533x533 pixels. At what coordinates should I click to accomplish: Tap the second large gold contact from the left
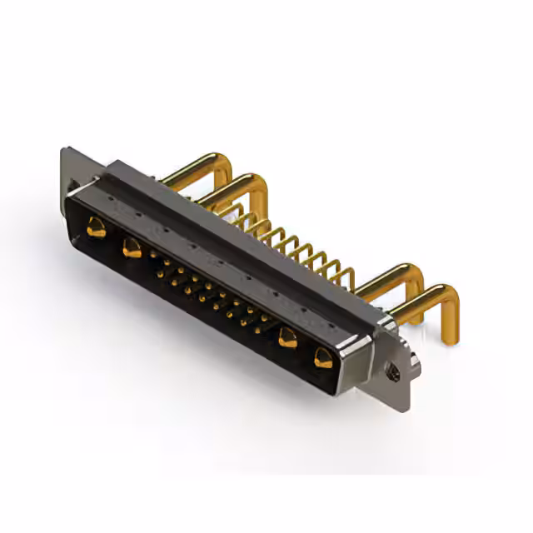click(x=132, y=247)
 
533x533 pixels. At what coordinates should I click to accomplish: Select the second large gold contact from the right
click(x=288, y=338)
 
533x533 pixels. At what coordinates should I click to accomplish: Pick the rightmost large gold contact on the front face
click(x=323, y=358)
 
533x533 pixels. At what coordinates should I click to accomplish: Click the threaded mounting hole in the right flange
click(x=393, y=374)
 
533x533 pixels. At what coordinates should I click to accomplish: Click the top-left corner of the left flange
click(x=64, y=151)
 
